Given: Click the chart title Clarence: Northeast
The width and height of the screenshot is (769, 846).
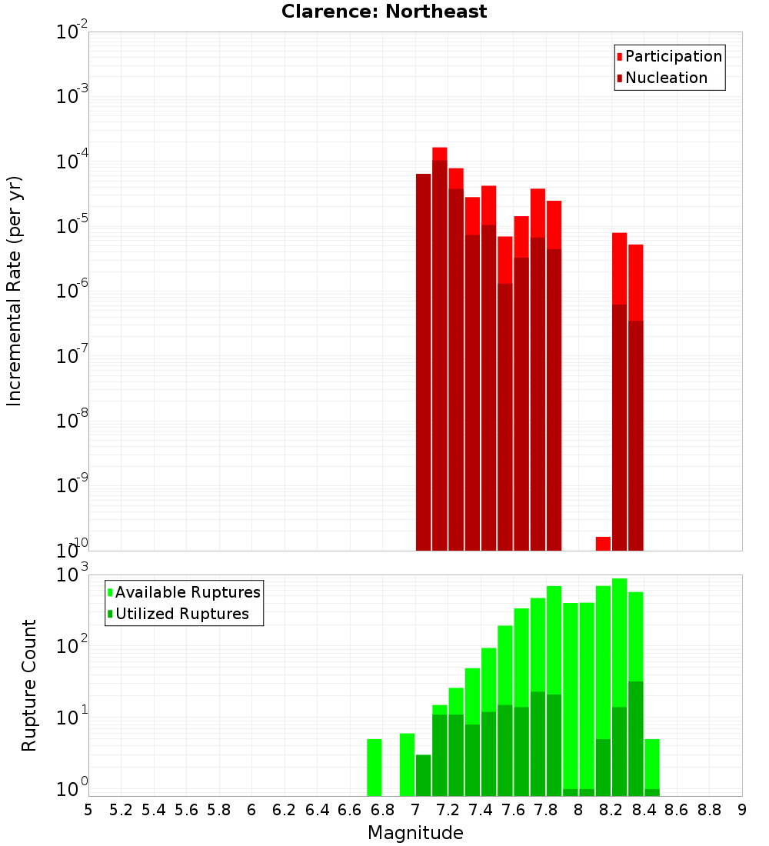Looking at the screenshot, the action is click(x=384, y=12).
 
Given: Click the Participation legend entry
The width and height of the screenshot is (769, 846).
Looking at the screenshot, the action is click(x=673, y=56).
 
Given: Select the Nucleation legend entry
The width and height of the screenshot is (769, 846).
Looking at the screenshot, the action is click(x=665, y=78).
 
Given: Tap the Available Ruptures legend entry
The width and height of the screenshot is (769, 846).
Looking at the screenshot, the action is click(x=187, y=592).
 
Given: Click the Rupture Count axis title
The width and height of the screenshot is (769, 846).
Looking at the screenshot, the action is click(x=29, y=684).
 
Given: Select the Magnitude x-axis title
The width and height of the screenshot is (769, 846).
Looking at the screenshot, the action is click(x=415, y=833).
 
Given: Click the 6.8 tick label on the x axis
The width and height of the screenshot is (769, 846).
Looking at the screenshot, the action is click(x=382, y=810).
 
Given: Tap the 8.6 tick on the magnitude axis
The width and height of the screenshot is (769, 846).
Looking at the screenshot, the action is click(x=677, y=810).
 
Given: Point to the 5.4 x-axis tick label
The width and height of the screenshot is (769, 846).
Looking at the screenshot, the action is click(x=154, y=810).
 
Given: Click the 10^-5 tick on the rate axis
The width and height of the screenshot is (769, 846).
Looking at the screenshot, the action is click(x=71, y=226).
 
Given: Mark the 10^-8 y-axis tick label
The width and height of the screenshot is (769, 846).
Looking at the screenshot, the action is click(x=71, y=421).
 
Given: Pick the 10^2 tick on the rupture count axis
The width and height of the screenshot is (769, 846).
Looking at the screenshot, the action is click(x=71, y=645).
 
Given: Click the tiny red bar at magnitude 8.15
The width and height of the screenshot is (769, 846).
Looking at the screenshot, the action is click(x=603, y=543).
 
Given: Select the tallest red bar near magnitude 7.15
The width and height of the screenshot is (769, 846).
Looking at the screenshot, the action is click(x=439, y=153).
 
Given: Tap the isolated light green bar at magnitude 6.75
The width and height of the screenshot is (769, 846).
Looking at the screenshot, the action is click(x=375, y=768).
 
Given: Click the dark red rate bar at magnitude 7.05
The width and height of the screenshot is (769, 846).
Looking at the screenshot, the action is click(x=423, y=361).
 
